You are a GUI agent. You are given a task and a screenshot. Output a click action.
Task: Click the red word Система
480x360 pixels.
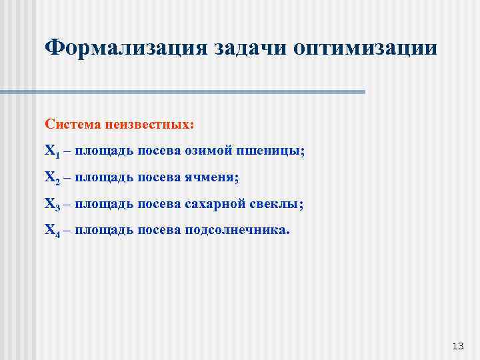[x=73, y=125]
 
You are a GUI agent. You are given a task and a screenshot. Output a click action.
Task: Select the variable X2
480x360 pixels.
[x=52, y=178]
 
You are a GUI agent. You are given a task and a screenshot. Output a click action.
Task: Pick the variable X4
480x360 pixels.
[x=52, y=231]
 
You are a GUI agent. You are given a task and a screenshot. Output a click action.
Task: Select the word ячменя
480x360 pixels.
[x=211, y=177]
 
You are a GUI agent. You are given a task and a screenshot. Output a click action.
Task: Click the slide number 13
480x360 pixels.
[x=457, y=346]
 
